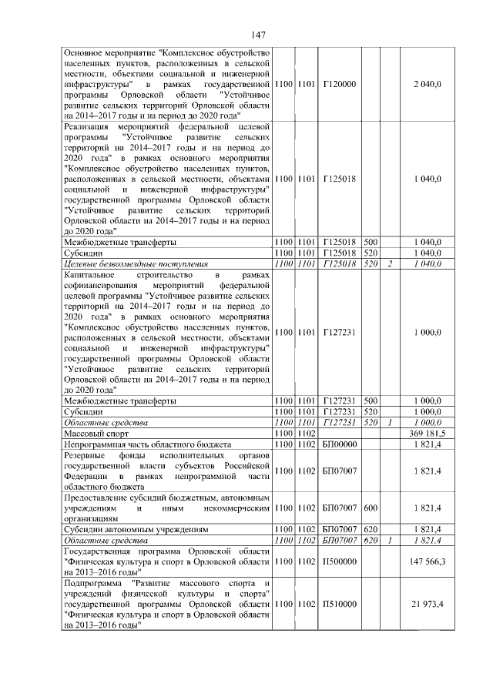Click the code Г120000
pyautogui.click(x=338, y=82)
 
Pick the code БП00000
pyautogui.click(x=339, y=444)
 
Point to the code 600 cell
pyautogui.click(x=371, y=508)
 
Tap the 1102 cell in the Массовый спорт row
pyautogui.click(x=307, y=434)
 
